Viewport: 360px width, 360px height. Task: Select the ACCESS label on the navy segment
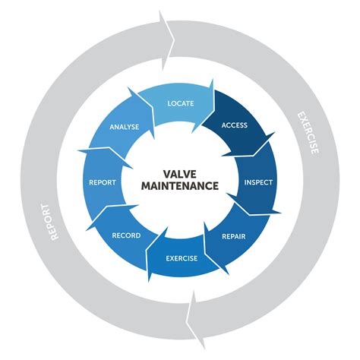(235, 124)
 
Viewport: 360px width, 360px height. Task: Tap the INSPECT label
(257, 182)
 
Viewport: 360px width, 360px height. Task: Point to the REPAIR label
(233, 236)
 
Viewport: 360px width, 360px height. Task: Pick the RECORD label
(125, 236)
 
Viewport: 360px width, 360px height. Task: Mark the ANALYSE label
(124, 127)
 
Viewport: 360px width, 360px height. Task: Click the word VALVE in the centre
(180, 172)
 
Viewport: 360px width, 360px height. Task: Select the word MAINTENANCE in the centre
(180, 185)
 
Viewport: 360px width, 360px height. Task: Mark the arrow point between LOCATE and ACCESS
(216, 90)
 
